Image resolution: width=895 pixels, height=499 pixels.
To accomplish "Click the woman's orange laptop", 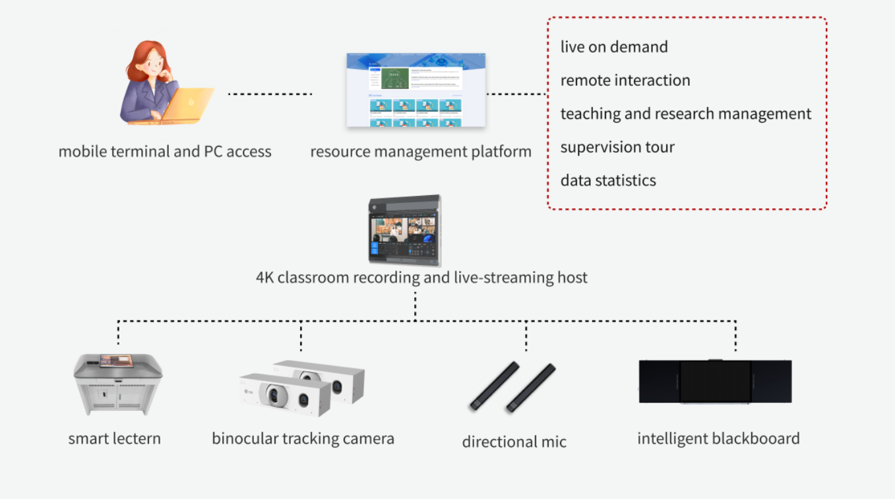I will point(189,104).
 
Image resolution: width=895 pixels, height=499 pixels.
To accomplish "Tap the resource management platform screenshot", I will point(416,90).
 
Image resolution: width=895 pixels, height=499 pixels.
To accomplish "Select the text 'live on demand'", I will point(614,47).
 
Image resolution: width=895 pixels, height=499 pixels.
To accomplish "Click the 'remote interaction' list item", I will point(625,80).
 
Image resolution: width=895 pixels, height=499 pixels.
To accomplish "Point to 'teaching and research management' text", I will point(685,114).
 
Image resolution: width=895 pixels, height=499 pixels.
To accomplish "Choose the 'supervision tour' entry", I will point(617,147).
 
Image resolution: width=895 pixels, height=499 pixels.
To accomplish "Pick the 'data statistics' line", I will point(608,181).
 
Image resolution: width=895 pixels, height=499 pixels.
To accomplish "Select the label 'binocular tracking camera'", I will point(303,438).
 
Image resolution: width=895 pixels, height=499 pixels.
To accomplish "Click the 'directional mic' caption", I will point(514,442).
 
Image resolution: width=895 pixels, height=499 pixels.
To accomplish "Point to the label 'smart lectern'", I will point(114,438).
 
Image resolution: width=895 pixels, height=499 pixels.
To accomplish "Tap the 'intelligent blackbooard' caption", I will point(718,438).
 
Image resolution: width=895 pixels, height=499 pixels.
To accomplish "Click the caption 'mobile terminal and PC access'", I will point(165,152).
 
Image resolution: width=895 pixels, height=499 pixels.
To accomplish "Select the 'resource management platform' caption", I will point(420,152).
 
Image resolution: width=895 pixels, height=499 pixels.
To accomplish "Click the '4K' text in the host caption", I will point(265,278).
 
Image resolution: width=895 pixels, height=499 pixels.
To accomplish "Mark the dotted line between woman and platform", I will point(270,94).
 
